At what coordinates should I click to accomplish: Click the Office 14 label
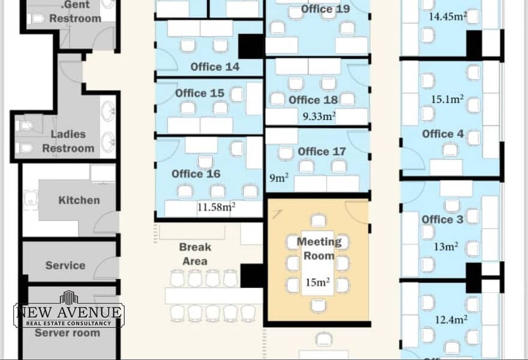click(x=215, y=67)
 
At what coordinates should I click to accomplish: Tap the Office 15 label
click(x=200, y=93)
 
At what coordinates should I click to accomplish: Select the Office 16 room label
click(x=196, y=174)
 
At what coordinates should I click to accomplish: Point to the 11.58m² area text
click(x=216, y=207)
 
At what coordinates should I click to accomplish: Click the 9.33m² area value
click(x=319, y=116)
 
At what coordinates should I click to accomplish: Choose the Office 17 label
click(x=322, y=152)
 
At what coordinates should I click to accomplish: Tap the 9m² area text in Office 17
click(x=279, y=178)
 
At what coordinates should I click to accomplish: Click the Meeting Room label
click(x=319, y=248)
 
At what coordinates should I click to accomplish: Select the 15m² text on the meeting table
click(x=317, y=282)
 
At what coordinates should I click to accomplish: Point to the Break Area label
click(x=195, y=254)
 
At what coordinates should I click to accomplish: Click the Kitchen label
click(x=79, y=200)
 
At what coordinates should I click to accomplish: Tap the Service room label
click(x=65, y=265)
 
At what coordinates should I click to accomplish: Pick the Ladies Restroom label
click(x=68, y=141)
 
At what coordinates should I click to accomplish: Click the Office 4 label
click(x=443, y=134)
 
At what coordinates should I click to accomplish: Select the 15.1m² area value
click(x=448, y=99)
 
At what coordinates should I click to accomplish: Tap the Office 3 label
click(x=442, y=220)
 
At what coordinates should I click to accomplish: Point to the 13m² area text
click(x=446, y=247)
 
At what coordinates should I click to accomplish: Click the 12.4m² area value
click(x=451, y=319)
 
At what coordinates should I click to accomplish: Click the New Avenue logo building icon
click(x=69, y=297)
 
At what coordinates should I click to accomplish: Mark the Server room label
click(x=67, y=333)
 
